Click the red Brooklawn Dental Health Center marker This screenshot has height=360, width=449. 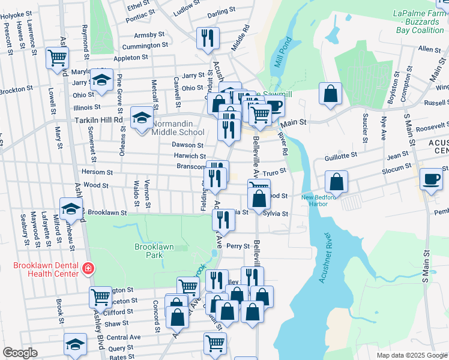[x=88, y=268]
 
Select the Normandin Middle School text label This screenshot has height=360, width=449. [x=178, y=128]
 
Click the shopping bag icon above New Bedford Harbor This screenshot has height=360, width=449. [x=337, y=181]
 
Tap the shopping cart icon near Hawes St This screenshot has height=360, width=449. [x=58, y=58]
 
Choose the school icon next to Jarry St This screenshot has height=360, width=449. [x=102, y=80]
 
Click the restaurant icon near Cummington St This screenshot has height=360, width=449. [x=208, y=38]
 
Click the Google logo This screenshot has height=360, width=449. [x=20, y=353]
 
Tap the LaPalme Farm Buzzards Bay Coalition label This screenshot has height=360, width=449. [x=418, y=21]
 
